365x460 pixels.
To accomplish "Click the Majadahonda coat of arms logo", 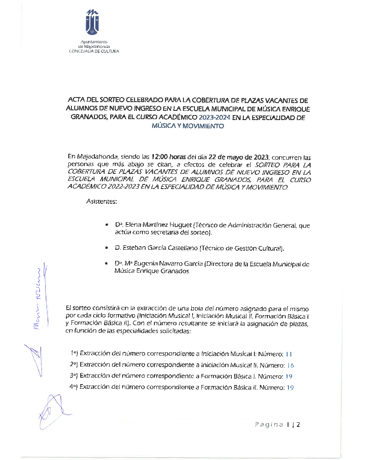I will pos(93,23).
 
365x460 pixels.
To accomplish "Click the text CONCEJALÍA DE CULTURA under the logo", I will pos(93,51).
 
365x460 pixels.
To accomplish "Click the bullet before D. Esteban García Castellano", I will pos(106,248).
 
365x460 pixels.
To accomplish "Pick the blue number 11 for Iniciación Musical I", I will pos(289,354).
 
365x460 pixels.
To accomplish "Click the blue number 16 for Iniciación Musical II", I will pos(290,365).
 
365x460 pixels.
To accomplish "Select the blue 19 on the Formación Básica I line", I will pos(289,376).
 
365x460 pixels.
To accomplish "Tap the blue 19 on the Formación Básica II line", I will pos(290,387).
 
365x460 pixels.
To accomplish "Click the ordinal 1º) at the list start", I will pos(74,354).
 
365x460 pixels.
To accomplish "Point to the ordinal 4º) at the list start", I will pos(74,387).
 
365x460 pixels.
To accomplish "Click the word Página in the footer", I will pos(269,424).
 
